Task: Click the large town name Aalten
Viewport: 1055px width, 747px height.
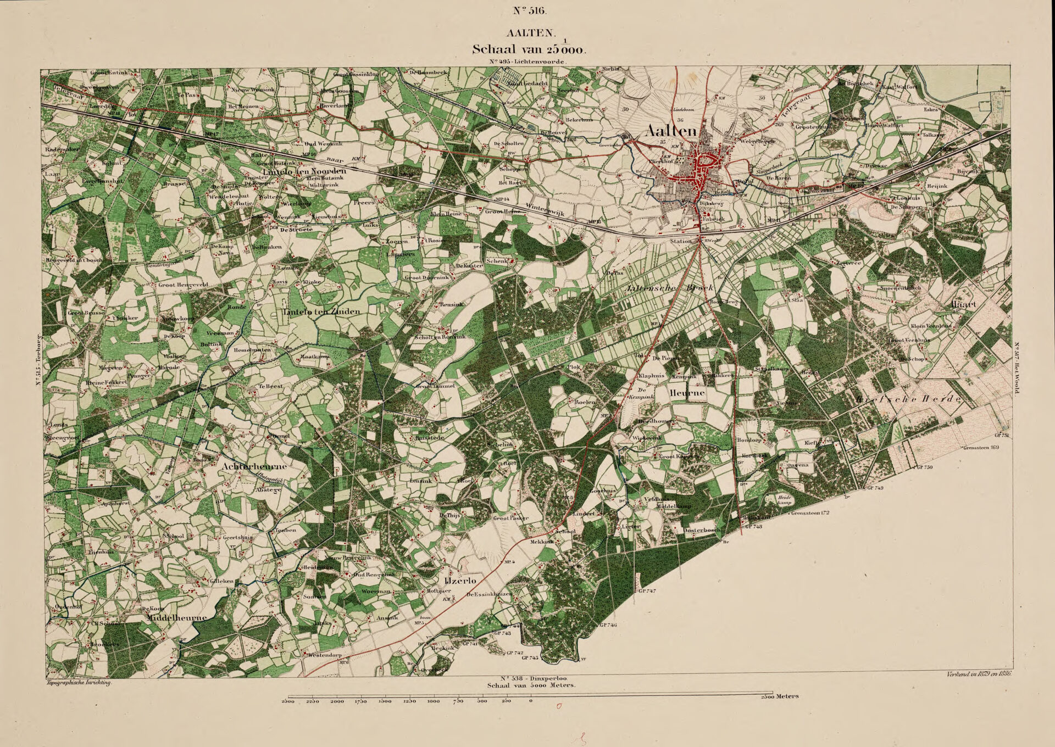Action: point(671,132)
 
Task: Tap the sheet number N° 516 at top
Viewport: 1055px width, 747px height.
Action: point(527,10)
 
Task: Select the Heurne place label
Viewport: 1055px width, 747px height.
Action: point(686,394)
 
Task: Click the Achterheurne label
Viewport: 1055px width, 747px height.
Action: point(255,466)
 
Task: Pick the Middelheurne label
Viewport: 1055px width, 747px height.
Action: point(177,617)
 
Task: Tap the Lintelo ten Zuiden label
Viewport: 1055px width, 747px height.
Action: point(321,311)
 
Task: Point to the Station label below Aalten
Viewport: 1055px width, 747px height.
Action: point(681,241)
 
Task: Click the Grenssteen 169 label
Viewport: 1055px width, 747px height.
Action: point(980,448)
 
